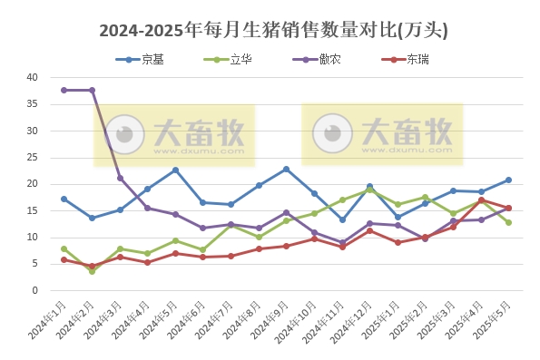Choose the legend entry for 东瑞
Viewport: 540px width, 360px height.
point(418,59)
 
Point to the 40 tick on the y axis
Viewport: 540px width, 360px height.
point(32,78)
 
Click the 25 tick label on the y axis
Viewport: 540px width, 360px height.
point(32,158)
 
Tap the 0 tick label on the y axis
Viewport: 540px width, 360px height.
point(34,291)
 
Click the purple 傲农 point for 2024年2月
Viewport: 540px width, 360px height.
point(92,91)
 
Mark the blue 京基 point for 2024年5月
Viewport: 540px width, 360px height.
point(175,170)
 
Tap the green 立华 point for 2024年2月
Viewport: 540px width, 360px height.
point(92,271)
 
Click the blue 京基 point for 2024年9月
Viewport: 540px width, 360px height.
point(286,169)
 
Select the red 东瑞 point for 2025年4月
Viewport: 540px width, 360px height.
point(481,200)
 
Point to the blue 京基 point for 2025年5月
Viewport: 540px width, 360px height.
point(508,180)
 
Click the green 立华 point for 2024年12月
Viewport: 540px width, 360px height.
point(369,190)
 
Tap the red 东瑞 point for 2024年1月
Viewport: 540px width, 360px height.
point(64,259)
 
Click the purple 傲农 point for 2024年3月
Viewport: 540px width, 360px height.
point(120,178)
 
